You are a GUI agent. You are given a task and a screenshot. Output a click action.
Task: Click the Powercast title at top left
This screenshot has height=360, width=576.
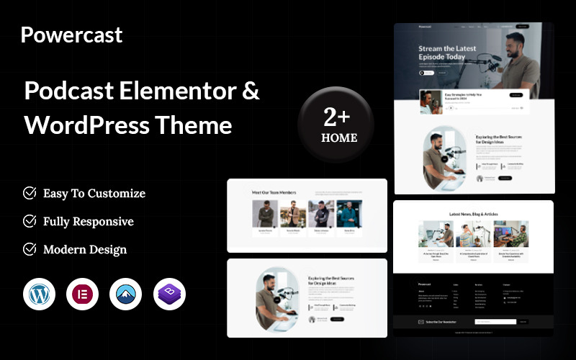point(71,35)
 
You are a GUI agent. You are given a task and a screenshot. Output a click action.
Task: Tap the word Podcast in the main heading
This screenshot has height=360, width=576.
point(70,91)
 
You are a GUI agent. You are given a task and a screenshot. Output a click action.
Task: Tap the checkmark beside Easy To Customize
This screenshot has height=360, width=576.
point(30,193)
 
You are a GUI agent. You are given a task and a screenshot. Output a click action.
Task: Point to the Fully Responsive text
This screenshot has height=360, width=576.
point(88,221)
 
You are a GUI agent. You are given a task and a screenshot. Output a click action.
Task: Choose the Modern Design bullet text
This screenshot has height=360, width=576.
point(84,249)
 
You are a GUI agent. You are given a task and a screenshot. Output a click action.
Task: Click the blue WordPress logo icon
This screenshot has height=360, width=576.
point(39,294)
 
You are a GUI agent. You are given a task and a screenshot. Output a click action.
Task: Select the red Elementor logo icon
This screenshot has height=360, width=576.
point(82,294)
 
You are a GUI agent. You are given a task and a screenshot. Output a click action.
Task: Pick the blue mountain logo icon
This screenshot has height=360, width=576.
point(126,294)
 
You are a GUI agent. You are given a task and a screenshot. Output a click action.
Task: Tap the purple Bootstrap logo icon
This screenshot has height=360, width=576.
point(169,294)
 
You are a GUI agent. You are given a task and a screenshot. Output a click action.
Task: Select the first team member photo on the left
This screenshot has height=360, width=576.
point(264,214)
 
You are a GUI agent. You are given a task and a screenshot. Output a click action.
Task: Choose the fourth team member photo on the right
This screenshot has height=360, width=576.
point(349,214)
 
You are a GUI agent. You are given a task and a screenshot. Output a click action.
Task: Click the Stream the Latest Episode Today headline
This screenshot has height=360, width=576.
point(447,53)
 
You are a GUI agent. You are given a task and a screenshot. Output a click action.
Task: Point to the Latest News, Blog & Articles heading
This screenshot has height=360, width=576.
point(474,214)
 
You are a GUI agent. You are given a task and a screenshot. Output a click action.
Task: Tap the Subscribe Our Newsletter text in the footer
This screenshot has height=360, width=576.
point(442,322)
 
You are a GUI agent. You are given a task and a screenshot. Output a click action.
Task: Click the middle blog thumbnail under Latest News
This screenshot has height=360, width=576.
point(474,234)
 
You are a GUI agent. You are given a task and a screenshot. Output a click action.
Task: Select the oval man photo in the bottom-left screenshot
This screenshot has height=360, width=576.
point(276,298)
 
